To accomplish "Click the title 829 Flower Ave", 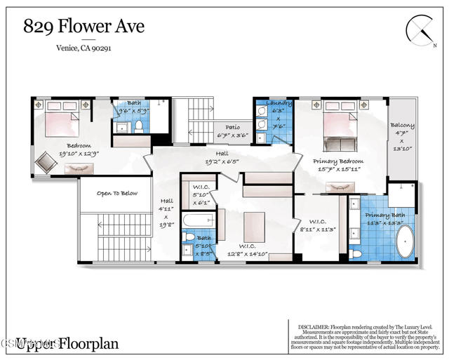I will point(83,27).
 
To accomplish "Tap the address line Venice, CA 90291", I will point(83,48).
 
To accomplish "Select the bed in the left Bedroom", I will point(61,119).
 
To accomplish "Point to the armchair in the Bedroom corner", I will point(47,162).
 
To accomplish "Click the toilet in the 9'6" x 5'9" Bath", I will point(138,126).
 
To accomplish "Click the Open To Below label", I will point(116,193).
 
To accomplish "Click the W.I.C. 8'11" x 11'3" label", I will point(319,224).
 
